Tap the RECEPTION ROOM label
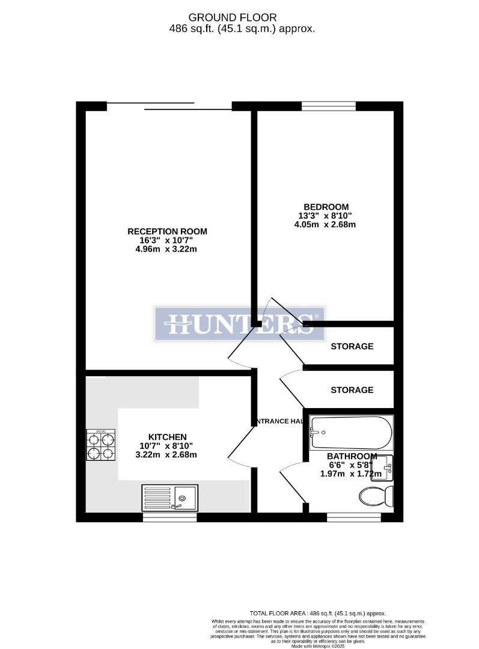[167, 231]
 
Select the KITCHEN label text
[168, 437]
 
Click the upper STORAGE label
[352, 346]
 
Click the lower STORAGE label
[352, 390]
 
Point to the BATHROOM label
[352, 456]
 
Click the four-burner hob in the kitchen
[100, 445]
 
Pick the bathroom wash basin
[383, 468]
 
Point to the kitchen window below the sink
[170, 517]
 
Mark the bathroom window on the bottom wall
[353, 517]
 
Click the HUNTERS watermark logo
[240, 324]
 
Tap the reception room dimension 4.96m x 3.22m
[167, 249]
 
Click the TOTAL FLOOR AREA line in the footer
[317, 613]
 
